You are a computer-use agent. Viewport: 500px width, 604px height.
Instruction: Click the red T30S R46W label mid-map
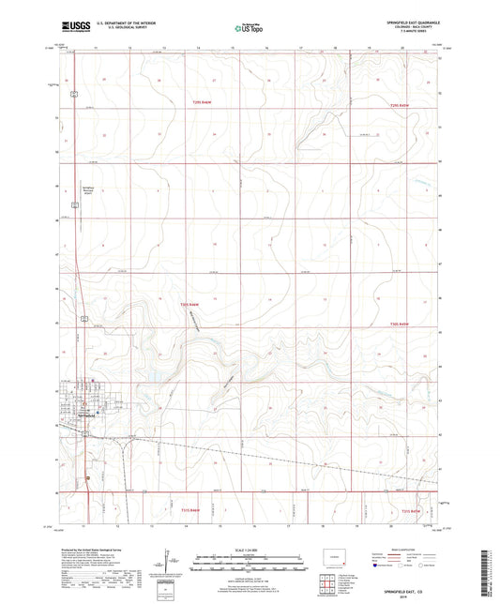coord(190,304)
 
